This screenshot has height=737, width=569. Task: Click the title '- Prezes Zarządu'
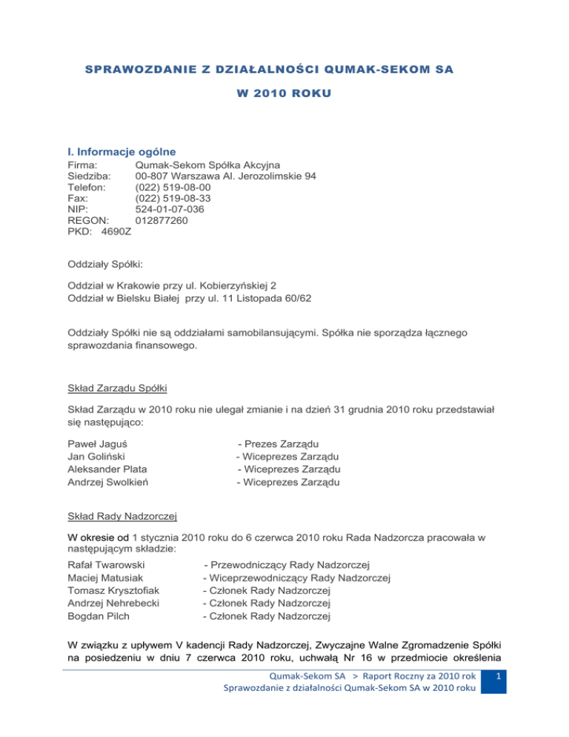[279, 443]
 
